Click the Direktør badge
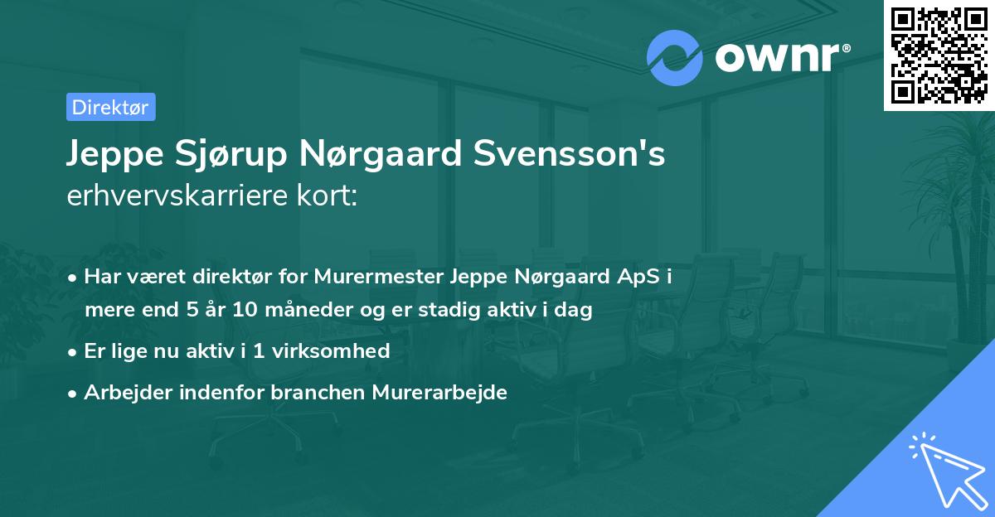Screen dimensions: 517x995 tap(110, 107)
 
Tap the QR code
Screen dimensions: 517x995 tap(939, 55)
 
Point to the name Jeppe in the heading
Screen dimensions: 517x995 tap(111, 155)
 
